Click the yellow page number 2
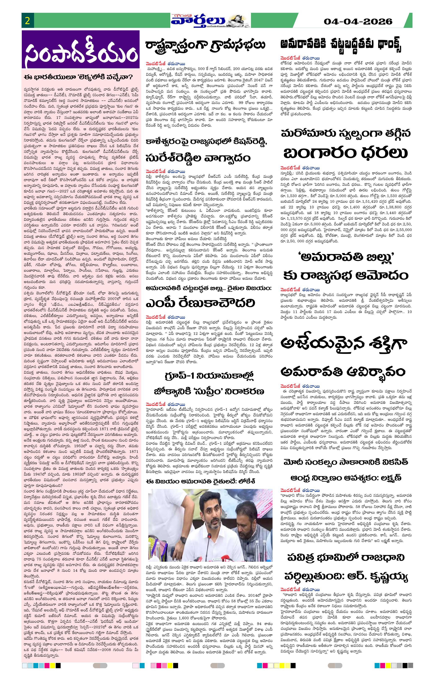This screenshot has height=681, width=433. tap(27, 21)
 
